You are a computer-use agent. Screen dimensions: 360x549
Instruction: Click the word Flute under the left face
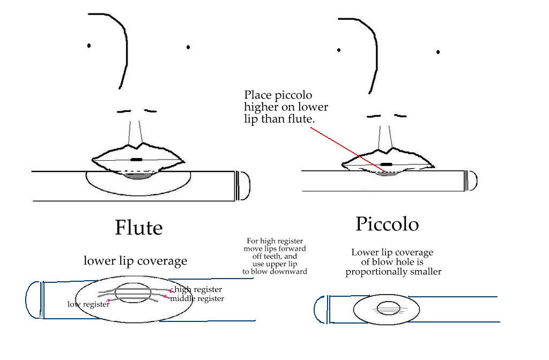click(x=138, y=228)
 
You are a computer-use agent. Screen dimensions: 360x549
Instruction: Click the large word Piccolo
click(x=387, y=224)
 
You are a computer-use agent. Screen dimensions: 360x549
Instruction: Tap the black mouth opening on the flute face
click(x=136, y=160)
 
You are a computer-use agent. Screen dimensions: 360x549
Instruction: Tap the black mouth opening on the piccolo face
click(x=386, y=163)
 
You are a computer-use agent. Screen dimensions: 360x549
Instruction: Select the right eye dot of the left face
click(x=188, y=47)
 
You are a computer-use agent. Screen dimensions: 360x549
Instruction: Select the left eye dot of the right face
click(x=339, y=50)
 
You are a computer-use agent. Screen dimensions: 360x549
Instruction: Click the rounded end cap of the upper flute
click(x=243, y=185)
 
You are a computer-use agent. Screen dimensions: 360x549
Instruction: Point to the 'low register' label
click(x=88, y=305)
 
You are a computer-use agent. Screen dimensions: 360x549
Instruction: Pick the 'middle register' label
click(x=197, y=298)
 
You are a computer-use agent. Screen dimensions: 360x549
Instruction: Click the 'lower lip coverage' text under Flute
click(x=135, y=261)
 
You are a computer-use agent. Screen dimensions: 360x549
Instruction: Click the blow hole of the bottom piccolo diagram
click(x=386, y=309)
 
